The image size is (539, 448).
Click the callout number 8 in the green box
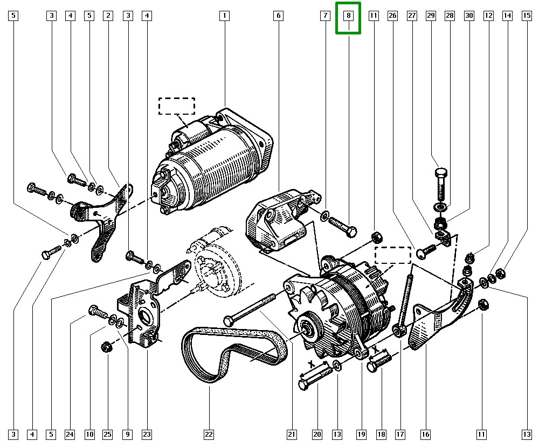click(x=349, y=16)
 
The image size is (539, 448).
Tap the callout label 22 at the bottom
click(x=209, y=433)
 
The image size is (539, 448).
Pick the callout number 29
click(x=431, y=16)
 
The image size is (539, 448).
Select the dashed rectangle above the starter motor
click(x=176, y=106)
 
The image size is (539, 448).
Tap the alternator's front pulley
click(x=309, y=330)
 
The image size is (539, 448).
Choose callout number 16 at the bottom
click(x=426, y=433)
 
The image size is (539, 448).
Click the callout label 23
click(x=147, y=433)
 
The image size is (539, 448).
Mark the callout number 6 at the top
click(x=278, y=16)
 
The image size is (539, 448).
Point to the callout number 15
click(x=526, y=16)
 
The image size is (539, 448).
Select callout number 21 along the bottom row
click(x=292, y=433)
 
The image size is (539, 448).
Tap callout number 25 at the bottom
click(x=108, y=433)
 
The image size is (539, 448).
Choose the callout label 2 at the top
click(x=108, y=16)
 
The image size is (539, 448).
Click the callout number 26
click(x=392, y=16)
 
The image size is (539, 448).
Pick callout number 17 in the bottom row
click(x=400, y=433)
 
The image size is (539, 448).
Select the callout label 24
click(x=70, y=433)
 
